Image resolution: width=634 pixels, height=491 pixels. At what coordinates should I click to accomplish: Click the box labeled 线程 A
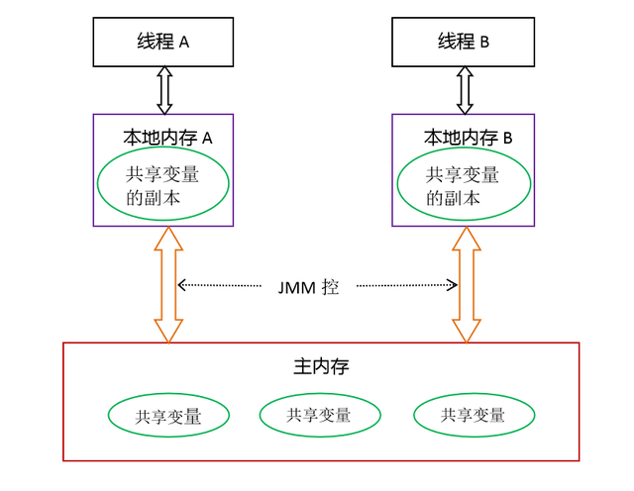pos(163,43)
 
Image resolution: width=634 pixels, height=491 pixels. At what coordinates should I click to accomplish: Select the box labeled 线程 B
pos(463,43)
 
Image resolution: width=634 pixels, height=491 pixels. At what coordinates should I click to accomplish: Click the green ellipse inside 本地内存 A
pos(162,185)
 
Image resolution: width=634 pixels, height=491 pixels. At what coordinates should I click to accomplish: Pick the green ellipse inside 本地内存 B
pos(463,185)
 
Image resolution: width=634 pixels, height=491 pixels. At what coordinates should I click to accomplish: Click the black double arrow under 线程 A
pos(164,90)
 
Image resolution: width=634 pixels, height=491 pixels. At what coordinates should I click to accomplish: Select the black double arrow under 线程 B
pos(464,90)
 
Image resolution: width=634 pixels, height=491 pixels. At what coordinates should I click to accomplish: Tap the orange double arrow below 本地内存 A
pos(169,285)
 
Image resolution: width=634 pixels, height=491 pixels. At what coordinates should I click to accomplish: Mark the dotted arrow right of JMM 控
pos(407,286)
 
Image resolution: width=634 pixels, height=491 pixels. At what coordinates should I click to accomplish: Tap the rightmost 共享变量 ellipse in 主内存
pos(473,416)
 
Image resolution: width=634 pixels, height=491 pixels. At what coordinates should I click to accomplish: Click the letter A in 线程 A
pos(184,43)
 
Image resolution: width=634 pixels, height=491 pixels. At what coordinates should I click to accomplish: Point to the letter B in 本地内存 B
pos(507,140)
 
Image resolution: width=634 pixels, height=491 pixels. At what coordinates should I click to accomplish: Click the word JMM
pos(297,287)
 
